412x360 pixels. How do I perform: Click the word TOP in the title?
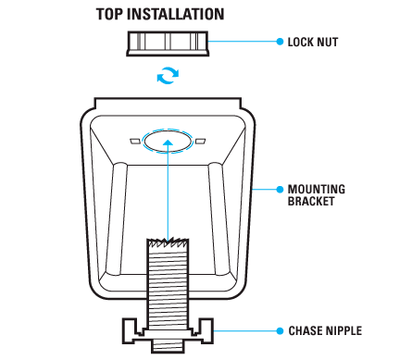click(110, 14)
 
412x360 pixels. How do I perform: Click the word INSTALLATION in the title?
click(176, 14)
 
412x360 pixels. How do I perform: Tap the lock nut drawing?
click(168, 43)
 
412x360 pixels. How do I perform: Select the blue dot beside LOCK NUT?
click(280, 42)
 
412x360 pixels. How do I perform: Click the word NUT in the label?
click(328, 42)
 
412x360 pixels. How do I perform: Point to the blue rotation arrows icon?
click(168, 75)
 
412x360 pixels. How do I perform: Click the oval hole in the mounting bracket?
click(168, 142)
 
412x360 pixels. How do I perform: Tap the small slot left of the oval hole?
click(135, 142)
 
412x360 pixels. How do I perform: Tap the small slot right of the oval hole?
click(201, 142)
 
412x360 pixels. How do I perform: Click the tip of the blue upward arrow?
click(168, 140)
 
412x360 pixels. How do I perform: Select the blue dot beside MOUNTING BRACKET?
click(280, 189)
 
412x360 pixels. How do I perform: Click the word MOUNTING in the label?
click(317, 189)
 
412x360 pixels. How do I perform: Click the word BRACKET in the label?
click(311, 201)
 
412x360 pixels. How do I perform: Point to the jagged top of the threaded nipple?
click(168, 242)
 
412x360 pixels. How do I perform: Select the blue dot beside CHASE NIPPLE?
click(280, 331)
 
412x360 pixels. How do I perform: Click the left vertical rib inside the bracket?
click(117, 218)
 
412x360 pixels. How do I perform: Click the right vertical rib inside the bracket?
click(219, 218)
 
